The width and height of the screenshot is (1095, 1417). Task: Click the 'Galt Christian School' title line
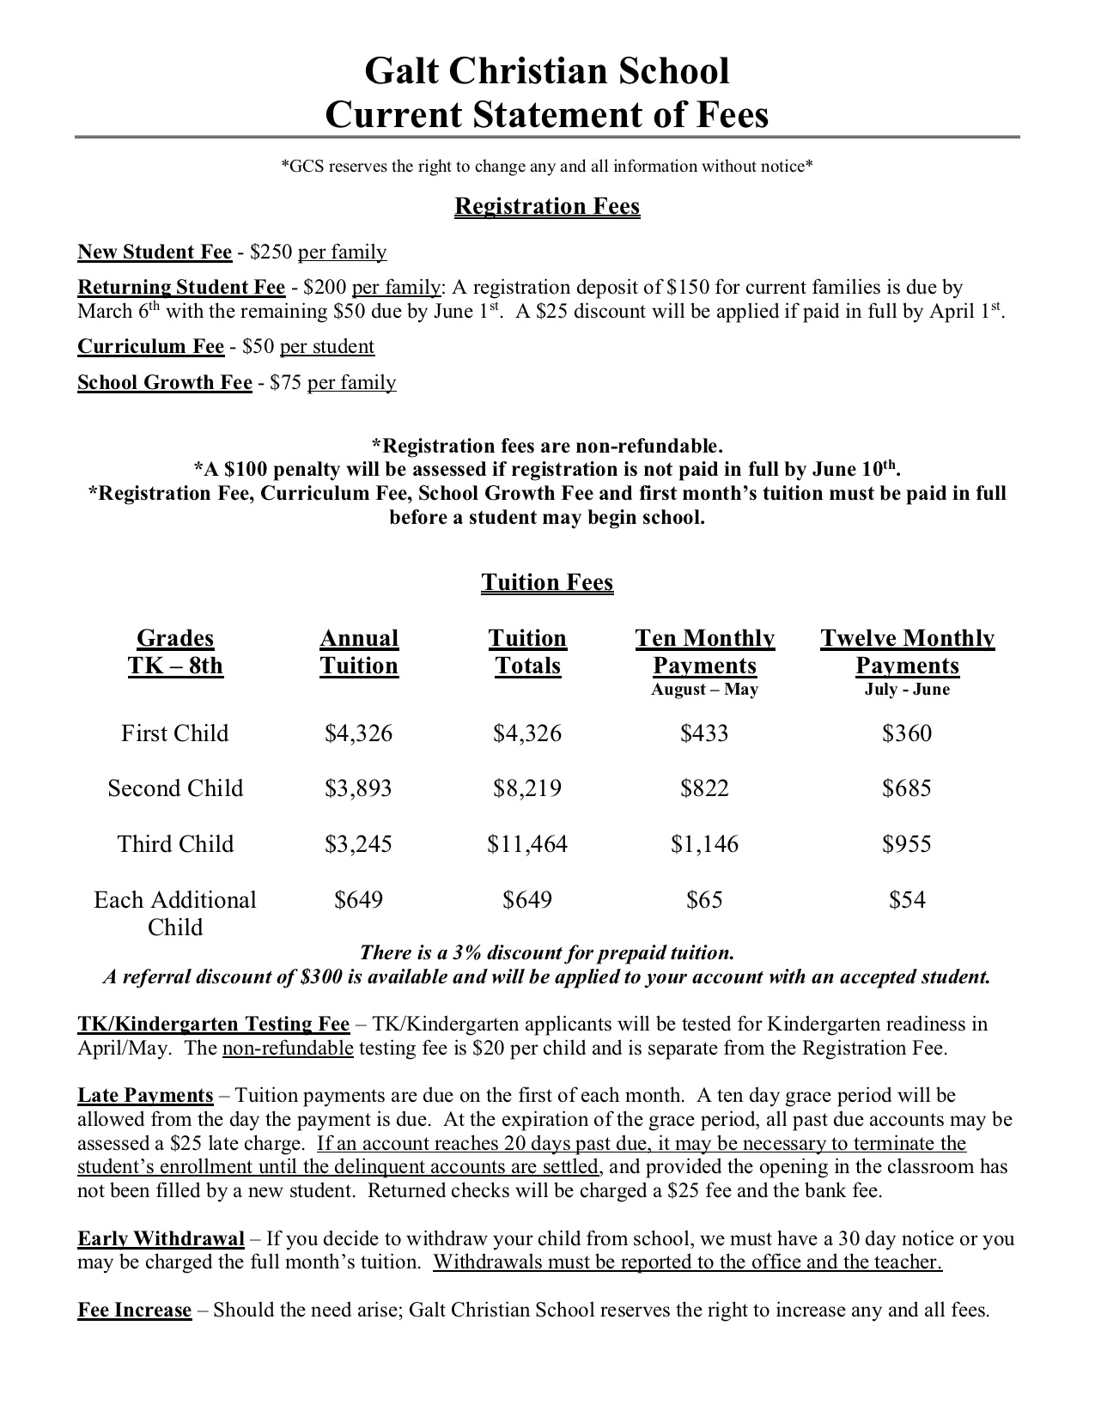547,71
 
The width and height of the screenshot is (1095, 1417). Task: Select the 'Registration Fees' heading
547,206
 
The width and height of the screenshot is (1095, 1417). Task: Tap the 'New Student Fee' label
155,252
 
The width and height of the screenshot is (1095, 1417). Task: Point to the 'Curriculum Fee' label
150,346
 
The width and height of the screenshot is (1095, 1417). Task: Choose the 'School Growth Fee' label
165,382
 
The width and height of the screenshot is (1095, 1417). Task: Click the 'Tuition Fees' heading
547,582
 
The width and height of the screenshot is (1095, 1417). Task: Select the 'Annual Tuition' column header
359,652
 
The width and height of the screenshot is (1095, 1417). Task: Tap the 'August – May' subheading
704,690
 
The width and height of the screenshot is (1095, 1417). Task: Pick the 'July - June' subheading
907,690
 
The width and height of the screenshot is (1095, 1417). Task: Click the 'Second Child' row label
175,788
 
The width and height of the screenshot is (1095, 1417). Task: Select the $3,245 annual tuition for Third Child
358,843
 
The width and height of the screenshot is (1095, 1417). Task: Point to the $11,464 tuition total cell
527,843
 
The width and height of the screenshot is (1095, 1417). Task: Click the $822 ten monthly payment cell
704,788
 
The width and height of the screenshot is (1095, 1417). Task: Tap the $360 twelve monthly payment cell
907,733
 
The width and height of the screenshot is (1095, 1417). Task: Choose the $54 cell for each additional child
907,900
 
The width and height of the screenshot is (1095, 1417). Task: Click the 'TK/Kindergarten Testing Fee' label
214,1024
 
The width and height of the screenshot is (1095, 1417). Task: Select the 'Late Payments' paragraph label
145,1095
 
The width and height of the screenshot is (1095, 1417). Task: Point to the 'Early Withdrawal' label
161,1238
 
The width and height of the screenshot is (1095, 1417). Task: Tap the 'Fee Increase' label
135,1310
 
